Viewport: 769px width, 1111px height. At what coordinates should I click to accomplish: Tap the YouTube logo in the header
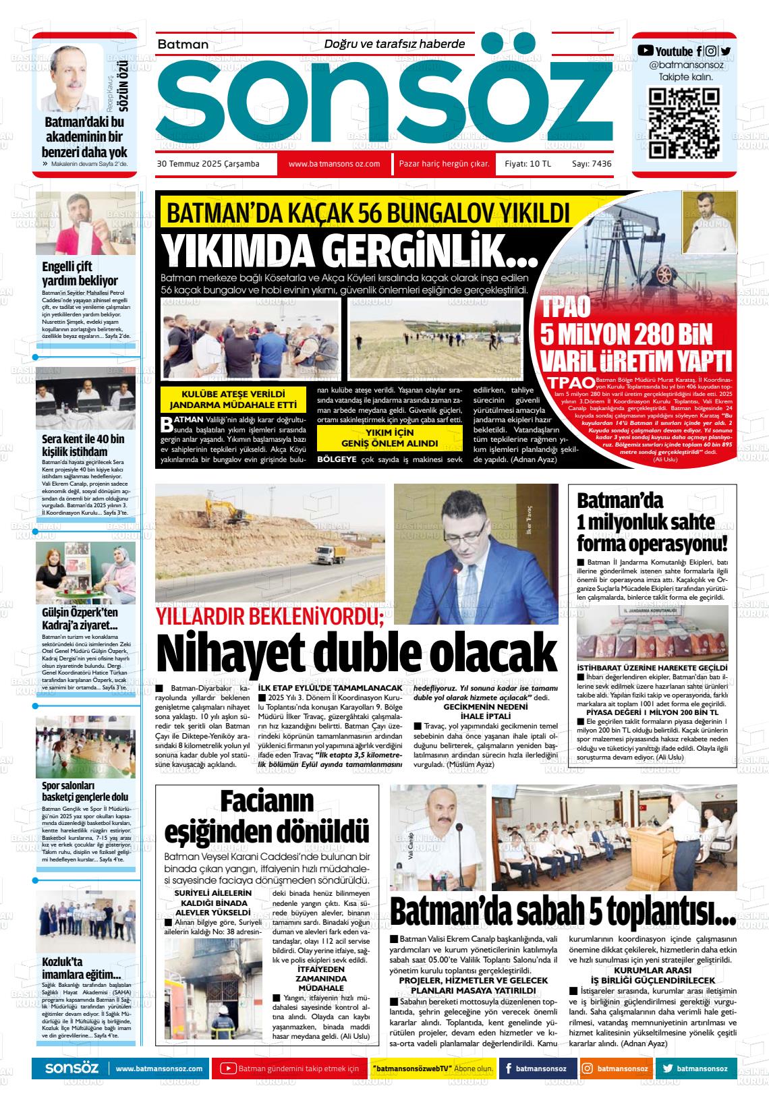[646, 51]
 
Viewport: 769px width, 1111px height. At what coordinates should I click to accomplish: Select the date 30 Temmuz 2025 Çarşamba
[208, 164]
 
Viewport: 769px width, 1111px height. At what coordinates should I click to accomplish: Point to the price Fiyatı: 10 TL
[528, 164]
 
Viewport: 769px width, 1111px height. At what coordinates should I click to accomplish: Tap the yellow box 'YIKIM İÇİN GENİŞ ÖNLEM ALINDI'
[390, 438]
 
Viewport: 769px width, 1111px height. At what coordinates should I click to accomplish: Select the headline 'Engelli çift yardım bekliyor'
[80, 273]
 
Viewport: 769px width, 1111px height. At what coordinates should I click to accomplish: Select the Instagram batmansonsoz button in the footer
[615, 1069]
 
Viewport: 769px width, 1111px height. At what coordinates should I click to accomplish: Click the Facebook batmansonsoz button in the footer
[537, 1069]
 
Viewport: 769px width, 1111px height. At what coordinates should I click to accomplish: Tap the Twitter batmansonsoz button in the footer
[695, 1069]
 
